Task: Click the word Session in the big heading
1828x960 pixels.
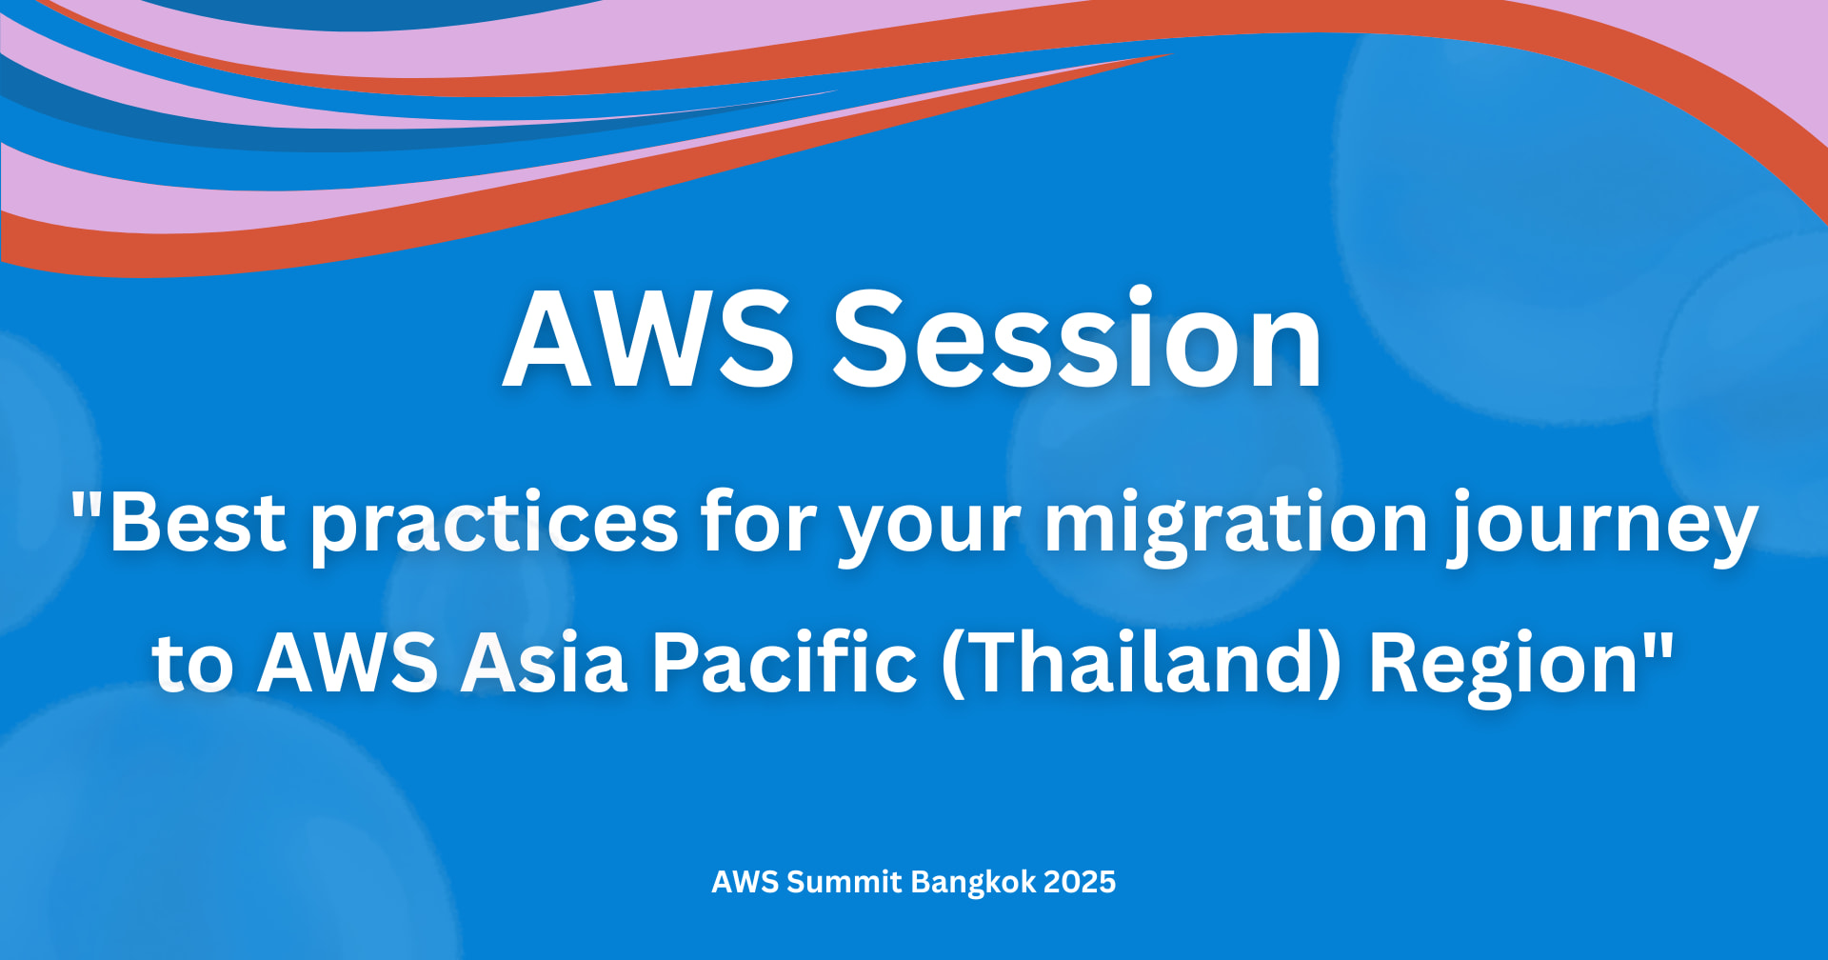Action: (1078, 339)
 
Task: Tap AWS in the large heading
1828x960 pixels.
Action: (648, 339)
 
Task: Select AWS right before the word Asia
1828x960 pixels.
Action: (348, 662)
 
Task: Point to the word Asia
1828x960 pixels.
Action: (544, 662)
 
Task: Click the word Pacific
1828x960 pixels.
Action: (785, 660)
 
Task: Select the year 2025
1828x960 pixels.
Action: (1080, 882)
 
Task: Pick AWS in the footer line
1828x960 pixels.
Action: (745, 882)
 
